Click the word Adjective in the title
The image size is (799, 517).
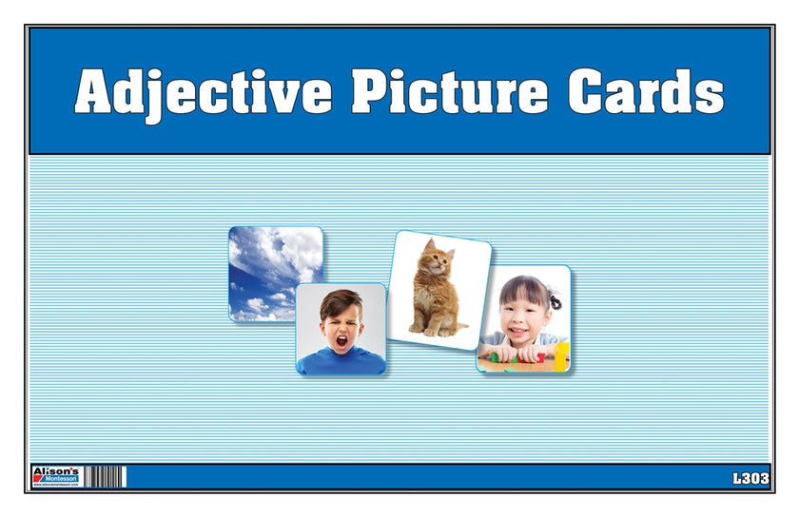(x=204, y=92)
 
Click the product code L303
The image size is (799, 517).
(x=751, y=478)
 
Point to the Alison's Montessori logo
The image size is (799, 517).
(x=56, y=476)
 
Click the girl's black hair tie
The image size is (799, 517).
(x=554, y=298)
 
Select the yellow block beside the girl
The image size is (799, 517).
(x=562, y=355)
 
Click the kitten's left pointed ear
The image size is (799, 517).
(x=427, y=244)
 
